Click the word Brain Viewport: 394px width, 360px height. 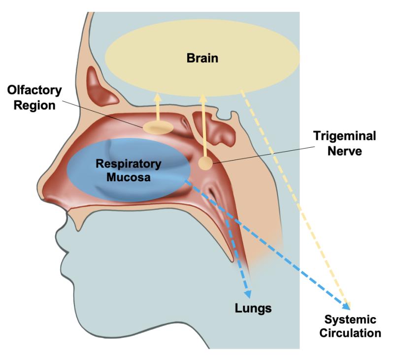[x=202, y=59]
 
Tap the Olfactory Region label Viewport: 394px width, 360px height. [x=34, y=98]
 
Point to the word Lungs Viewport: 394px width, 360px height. [x=253, y=308]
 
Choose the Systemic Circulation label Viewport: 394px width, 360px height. [x=350, y=326]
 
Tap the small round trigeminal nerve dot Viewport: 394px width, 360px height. [x=206, y=164]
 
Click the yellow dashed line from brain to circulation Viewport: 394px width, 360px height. [x=295, y=197]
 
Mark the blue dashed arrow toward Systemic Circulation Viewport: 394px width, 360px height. [x=276, y=246]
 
